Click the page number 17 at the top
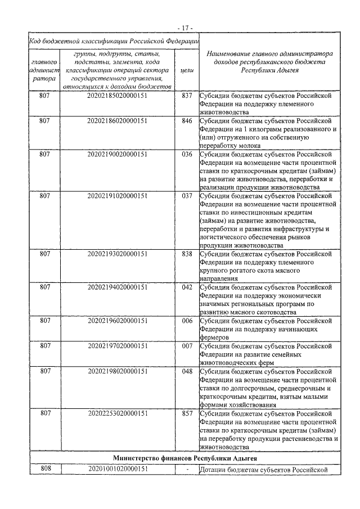pyautogui.click(x=184, y=27)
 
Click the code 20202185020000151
pyautogui.click(x=118, y=96)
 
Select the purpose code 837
pyautogui.click(x=187, y=96)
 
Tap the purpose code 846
pyautogui.click(x=187, y=120)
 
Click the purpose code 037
pyautogui.click(x=187, y=196)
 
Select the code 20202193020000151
pyautogui.click(x=118, y=254)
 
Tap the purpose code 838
pyautogui.click(x=187, y=254)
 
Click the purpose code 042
pyautogui.click(x=187, y=287)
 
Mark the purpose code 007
pyautogui.click(x=187, y=346)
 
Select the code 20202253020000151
pyautogui.click(x=118, y=413)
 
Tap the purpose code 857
pyautogui.click(x=187, y=413)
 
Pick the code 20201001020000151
pyautogui.click(x=118, y=469)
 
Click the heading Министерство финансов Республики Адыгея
pyautogui.click(x=185, y=458)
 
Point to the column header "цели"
pyautogui.click(x=187, y=71)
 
